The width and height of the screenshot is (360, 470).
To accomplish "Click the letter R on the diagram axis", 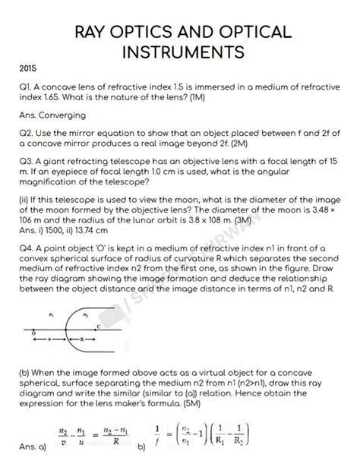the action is pyautogui.click(x=81, y=339).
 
